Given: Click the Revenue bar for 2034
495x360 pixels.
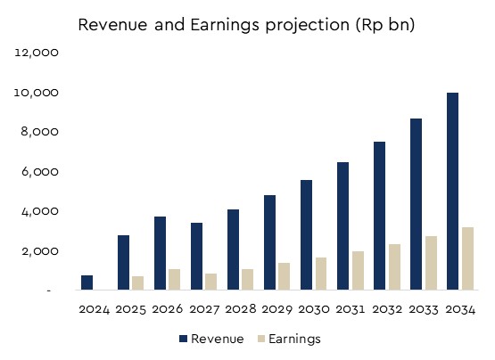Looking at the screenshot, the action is [452, 192].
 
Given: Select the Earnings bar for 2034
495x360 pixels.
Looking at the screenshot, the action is [467, 258].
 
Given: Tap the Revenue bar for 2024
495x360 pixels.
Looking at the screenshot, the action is [87, 282].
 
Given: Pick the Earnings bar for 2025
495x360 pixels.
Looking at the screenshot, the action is [137, 283].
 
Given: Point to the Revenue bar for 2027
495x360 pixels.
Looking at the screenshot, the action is [196, 257].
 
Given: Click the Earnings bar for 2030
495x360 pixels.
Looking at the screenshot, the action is [321, 274].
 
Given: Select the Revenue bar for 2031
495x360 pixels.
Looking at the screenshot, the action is [342, 226].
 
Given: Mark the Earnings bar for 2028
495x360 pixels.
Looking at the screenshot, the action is [248, 279].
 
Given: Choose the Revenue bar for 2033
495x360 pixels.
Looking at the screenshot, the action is [416, 204].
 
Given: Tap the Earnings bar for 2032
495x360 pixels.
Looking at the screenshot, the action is [394, 267].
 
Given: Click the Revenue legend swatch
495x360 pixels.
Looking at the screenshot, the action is [183, 339].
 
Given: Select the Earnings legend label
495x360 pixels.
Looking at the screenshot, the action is [294, 339].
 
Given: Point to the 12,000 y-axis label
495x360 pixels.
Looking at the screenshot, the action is [37, 53].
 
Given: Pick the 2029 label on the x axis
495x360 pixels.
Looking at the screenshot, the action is [276, 309].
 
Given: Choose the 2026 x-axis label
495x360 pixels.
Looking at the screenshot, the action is [168, 309].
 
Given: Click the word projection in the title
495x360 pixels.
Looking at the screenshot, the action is [308, 25].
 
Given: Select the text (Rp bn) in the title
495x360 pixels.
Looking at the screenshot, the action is [385, 25].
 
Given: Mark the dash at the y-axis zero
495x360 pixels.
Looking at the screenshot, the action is [49, 290].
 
